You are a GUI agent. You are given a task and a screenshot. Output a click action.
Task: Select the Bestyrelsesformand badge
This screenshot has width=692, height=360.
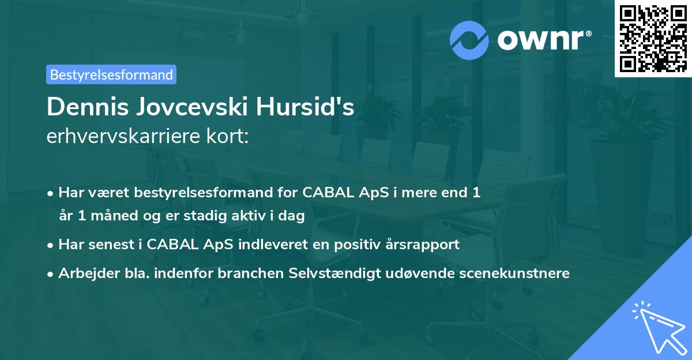[x=111, y=74]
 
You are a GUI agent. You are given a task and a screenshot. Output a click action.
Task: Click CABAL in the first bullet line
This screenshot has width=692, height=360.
[x=318, y=193]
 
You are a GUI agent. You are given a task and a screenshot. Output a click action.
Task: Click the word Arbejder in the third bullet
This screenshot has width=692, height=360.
[x=84, y=273]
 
